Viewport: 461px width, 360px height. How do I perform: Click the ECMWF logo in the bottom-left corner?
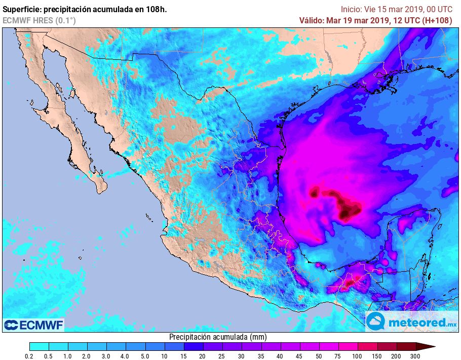tap(33, 325)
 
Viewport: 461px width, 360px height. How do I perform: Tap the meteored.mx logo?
tap(411, 321)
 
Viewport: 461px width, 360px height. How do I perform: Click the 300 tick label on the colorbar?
tap(416, 356)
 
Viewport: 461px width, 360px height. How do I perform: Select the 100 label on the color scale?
tap(358, 356)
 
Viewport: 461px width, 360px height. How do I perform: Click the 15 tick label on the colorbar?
tap(183, 356)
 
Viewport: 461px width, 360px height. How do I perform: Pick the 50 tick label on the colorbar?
tap(319, 356)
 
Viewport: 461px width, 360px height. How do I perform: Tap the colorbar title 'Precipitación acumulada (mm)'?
tap(218, 337)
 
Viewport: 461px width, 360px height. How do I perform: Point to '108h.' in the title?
tap(157, 9)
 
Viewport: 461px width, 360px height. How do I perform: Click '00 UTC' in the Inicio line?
tap(438, 9)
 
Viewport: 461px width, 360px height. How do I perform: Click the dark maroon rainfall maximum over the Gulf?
tap(349, 210)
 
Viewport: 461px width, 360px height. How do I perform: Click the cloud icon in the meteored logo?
tap(376, 321)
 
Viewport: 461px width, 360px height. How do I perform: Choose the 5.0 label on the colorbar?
tap(145, 356)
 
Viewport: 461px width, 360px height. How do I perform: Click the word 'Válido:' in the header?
tap(312, 20)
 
